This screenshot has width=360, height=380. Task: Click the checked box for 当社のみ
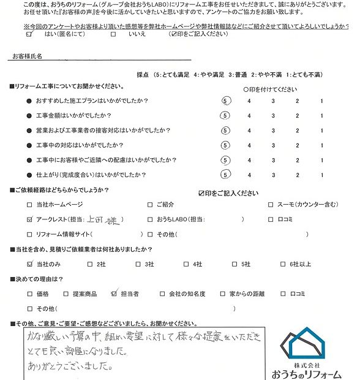[x=31, y=264]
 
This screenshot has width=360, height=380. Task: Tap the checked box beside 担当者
[x=114, y=294]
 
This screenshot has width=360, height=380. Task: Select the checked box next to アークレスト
[x=31, y=219]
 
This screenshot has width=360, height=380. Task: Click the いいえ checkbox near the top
[x=113, y=35]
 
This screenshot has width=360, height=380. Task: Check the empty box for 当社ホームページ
[x=31, y=204]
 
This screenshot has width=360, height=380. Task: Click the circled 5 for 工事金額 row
[x=226, y=115]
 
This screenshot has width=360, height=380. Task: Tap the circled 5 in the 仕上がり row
[x=226, y=175]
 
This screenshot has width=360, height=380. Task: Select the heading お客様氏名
[x=27, y=55]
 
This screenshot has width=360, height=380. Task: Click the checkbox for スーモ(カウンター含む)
[x=272, y=204]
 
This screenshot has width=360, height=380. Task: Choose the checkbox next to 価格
[x=31, y=294]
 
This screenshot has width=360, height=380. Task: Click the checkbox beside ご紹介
[x=150, y=204]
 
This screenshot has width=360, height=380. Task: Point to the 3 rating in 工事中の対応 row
[x=274, y=145]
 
